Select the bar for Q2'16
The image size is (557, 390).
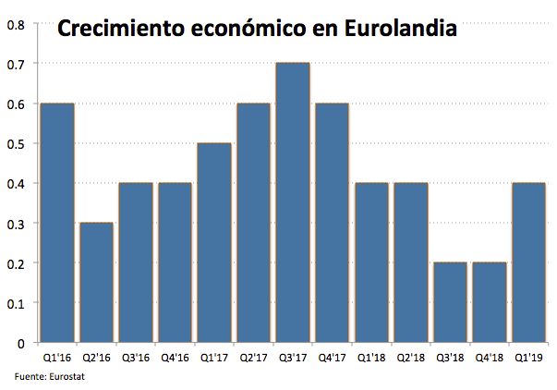point(96,282)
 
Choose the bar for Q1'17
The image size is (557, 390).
point(214,243)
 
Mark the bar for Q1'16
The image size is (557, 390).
point(56,223)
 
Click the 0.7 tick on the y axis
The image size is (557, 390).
point(17,64)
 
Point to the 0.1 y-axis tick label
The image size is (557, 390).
point(17,303)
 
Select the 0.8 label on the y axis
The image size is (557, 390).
point(17,24)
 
